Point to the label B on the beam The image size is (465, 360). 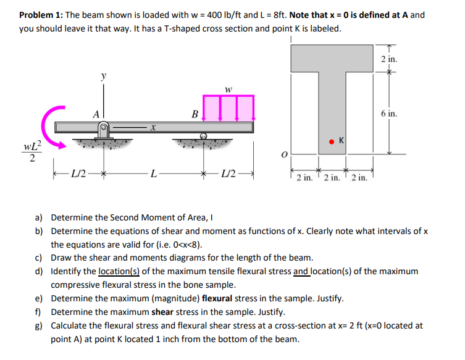(195, 114)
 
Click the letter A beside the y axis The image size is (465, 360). (96, 114)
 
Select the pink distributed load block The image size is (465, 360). (228, 108)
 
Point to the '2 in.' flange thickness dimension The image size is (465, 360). (390, 60)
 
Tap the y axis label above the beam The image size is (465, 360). (103, 77)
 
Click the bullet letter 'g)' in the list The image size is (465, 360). (39, 325)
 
